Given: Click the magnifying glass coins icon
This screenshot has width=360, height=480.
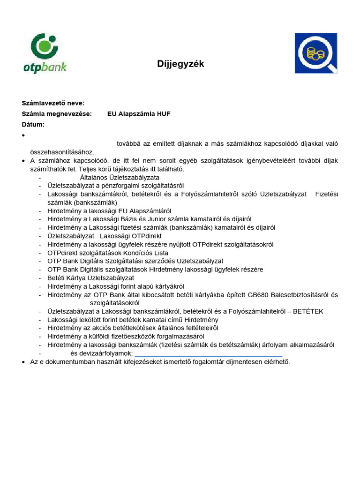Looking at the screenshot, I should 315,53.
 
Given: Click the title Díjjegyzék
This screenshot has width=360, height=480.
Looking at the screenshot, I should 180,64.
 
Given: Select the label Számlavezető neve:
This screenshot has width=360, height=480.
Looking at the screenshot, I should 53,103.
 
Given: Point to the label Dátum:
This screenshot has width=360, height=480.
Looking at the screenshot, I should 33,125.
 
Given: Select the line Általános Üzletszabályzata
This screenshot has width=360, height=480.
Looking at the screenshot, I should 120,178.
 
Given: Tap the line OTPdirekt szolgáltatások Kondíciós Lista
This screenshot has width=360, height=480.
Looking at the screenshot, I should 107,253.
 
